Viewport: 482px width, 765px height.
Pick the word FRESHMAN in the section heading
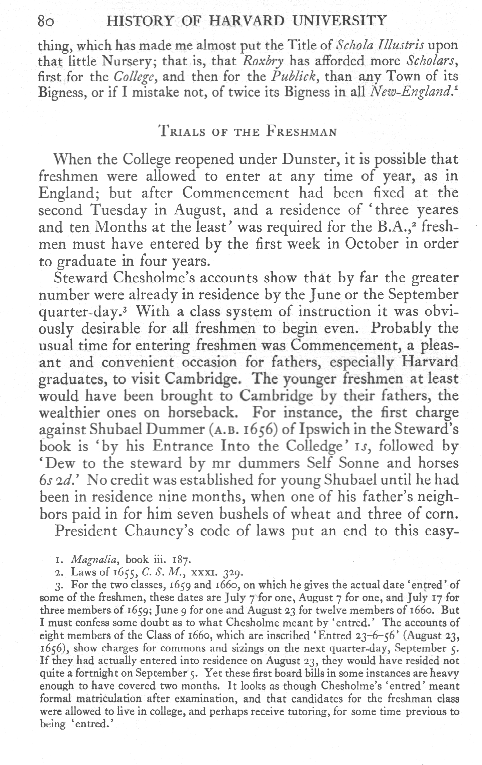301,132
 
